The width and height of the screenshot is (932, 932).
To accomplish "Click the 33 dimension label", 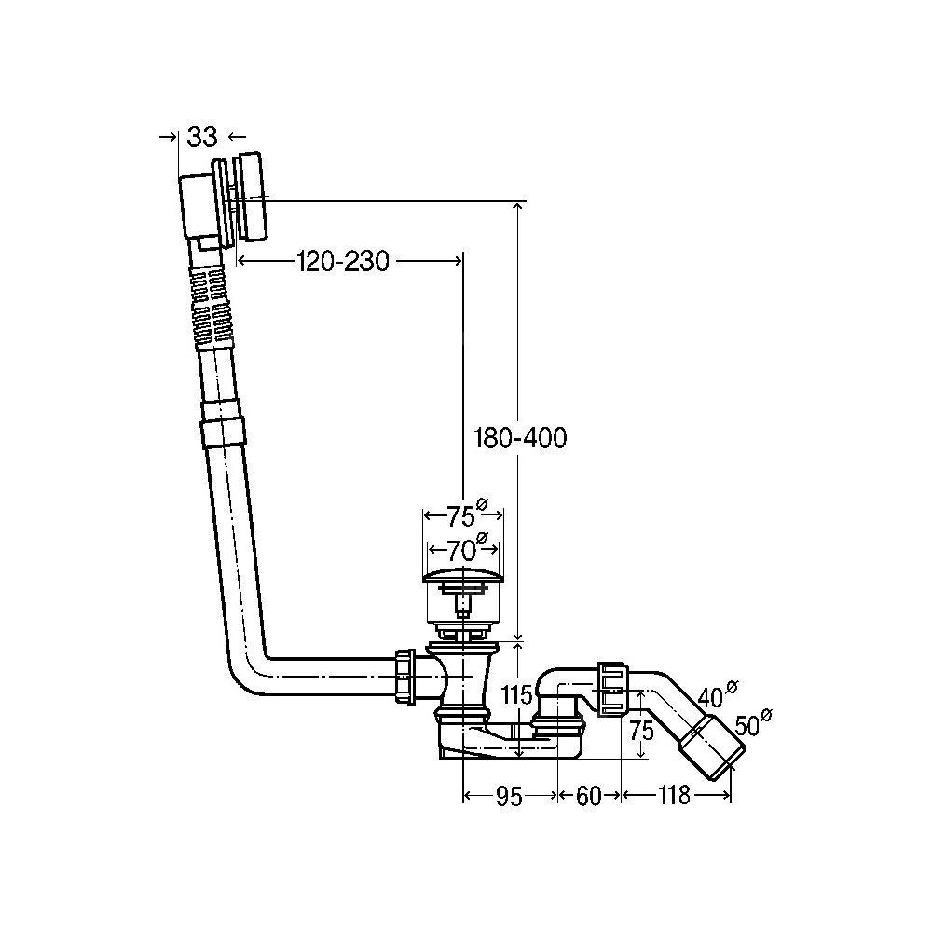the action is click(202, 137).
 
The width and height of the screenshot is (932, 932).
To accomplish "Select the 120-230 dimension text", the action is click(343, 261).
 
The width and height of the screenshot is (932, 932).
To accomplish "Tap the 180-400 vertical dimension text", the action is click(520, 438).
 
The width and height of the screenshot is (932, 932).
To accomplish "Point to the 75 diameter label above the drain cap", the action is click(467, 514).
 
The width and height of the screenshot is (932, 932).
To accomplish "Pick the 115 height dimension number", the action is click(516, 694).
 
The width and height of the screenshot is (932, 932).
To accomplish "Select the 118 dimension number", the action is click(674, 795).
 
